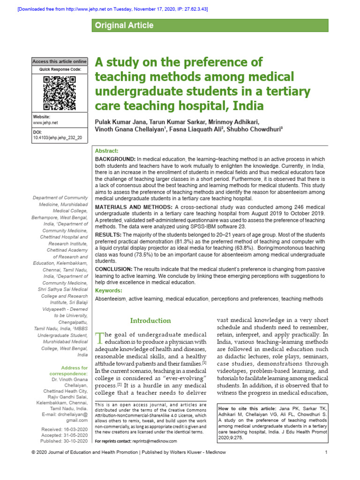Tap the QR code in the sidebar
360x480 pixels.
pyautogui.click(x=60, y=92)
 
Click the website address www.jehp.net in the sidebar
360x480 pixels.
pyautogui.click(x=45, y=122)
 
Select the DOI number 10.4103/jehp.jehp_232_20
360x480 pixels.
pyautogui.click(x=57, y=138)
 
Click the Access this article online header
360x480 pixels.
pyautogui.click(x=60, y=61)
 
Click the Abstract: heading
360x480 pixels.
pyautogui.click(x=107, y=151)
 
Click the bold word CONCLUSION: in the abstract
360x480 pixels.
pyautogui.click(x=114, y=269)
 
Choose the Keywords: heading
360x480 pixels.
pyautogui.click(x=109, y=291)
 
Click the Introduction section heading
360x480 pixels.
pyautogui.click(x=150, y=321)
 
